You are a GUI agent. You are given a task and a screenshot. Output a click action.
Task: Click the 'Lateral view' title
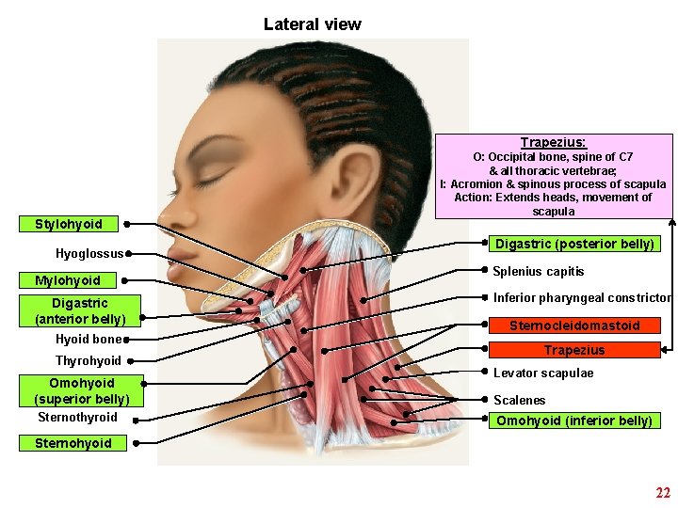point(312,24)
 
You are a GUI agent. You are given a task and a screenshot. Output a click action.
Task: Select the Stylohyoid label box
point(69,224)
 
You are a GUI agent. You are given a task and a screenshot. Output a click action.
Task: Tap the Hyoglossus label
point(89,253)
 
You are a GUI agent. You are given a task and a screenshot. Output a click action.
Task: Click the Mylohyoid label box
point(68,280)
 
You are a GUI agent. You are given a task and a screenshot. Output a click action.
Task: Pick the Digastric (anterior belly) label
point(80,310)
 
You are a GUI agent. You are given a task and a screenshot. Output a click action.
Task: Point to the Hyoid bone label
point(89,339)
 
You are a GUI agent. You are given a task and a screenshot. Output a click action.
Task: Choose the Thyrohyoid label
point(89,360)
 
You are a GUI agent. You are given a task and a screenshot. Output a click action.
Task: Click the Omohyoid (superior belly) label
point(81,390)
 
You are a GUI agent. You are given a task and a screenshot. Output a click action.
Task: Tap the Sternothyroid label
point(77,417)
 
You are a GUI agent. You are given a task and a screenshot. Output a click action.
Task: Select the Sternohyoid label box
point(73,443)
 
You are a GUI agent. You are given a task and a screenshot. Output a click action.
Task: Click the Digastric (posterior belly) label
point(574,244)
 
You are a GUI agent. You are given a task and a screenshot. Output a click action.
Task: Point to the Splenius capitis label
point(539,271)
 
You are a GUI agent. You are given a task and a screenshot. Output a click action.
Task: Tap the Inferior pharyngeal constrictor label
point(582,298)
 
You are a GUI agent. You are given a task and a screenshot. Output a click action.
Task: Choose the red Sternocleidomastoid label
point(574,325)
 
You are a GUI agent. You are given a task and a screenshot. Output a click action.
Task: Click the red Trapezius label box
point(574,350)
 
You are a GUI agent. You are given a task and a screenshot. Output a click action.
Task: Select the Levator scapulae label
point(543,373)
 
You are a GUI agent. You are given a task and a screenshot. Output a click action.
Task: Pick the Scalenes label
point(519,400)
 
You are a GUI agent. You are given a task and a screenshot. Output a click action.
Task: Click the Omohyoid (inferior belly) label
point(574,421)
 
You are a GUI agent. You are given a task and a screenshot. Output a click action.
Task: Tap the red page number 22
point(663,493)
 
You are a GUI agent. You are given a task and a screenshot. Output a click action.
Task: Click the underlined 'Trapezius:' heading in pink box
point(553,142)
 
